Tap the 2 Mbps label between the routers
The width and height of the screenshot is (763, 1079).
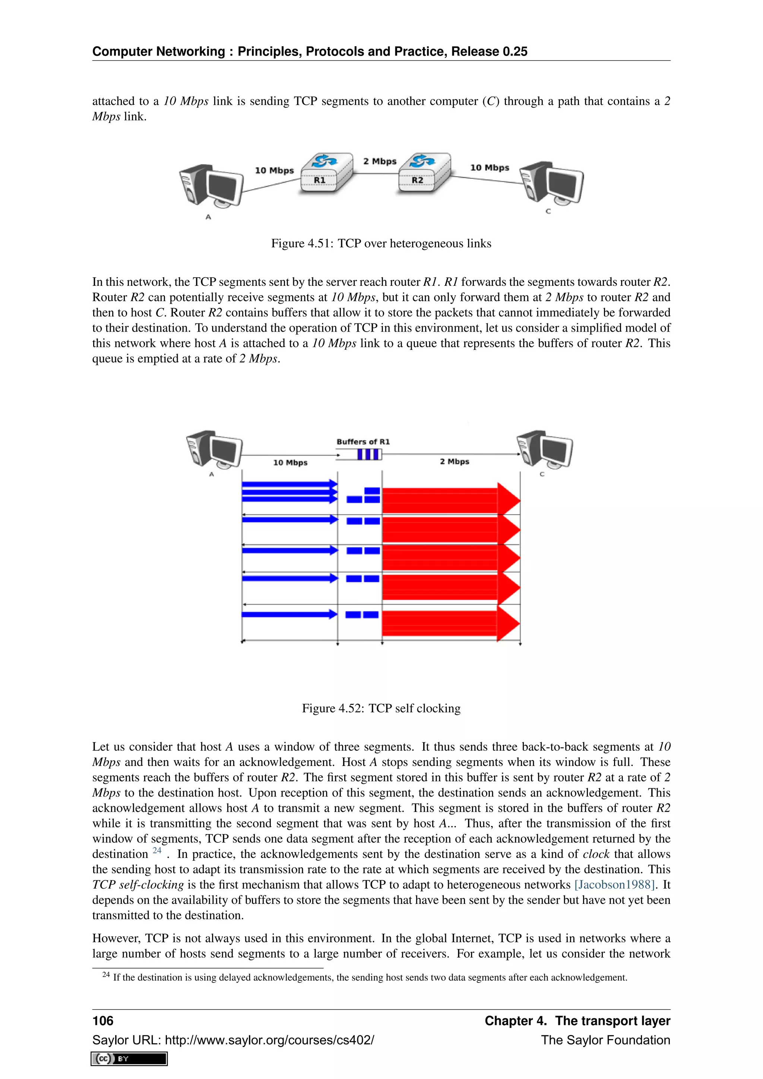click(x=380, y=161)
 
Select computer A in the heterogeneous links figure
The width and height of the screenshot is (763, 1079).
click(x=211, y=186)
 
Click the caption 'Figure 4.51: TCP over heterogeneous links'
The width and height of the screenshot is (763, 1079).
click(x=381, y=243)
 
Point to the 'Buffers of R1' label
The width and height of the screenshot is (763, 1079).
click(x=363, y=442)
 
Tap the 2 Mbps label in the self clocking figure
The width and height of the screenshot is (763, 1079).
click(x=454, y=462)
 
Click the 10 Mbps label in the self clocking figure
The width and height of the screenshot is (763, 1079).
click(x=290, y=462)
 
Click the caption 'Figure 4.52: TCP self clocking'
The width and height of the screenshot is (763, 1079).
click(x=381, y=708)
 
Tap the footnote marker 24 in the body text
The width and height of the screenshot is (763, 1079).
click(x=157, y=851)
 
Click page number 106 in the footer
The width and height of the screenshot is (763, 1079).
click(x=103, y=1021)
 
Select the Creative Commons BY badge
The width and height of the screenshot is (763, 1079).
click(x=129, y=1059)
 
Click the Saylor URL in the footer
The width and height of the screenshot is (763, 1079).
click(x=269, y=1040)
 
